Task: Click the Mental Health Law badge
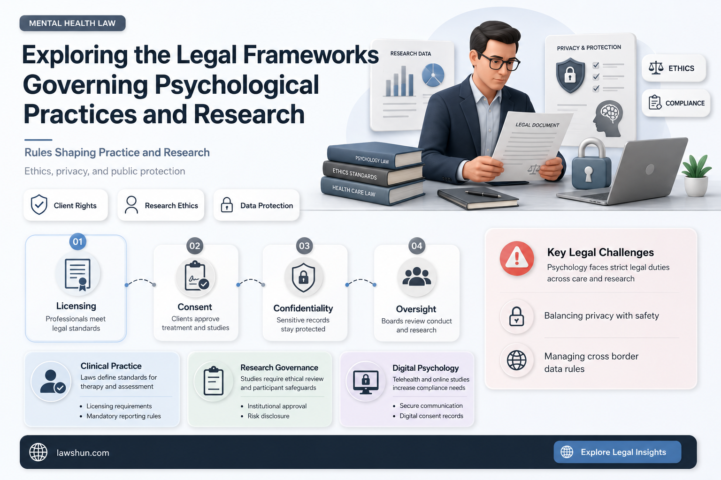coord(72,23)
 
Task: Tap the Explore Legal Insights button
coord(617,452)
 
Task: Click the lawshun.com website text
coord(83,453)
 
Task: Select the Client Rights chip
coord(66,205)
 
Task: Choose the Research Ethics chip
coord(161,205)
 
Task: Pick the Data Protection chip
coord(257,205)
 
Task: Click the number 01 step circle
coord(77,241)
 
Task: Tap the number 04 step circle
coord(416,246)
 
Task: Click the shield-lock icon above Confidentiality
coord(304,277)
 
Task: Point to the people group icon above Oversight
coord(416,277)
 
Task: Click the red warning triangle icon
coord(517,258)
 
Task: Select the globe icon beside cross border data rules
coord(517,360)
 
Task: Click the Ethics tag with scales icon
coord(674,68)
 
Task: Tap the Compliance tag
coord(676,103)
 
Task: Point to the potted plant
coord(696,175)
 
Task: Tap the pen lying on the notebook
coord(483,194)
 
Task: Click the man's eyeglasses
coord(498,62)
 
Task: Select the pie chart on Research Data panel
coord(433,75)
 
